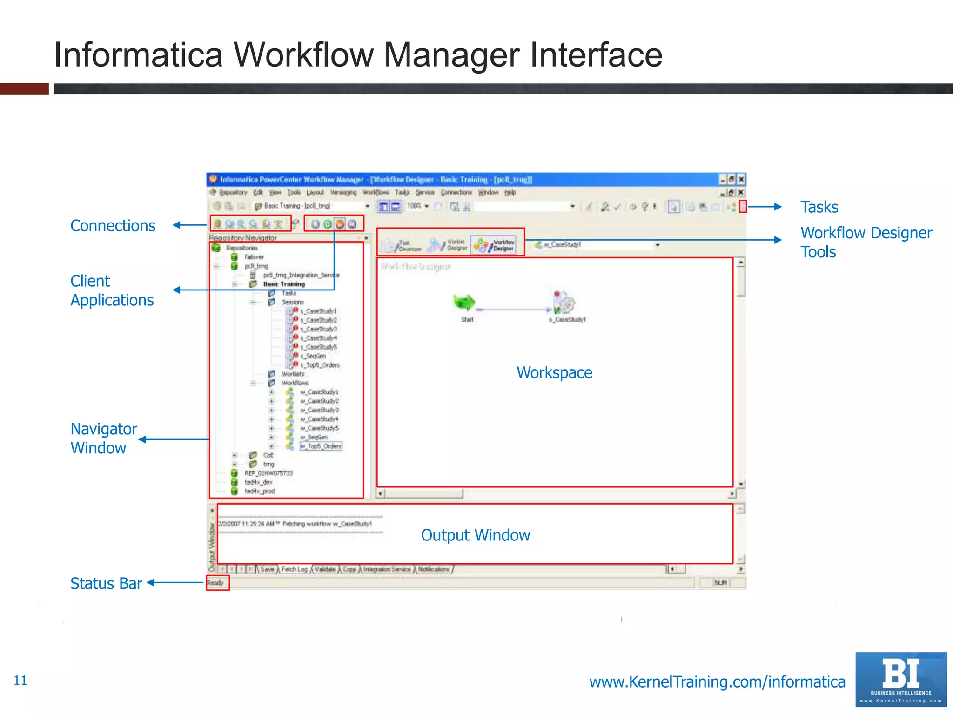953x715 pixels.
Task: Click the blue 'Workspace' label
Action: [554, 373]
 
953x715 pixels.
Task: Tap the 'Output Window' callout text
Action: [475, 535]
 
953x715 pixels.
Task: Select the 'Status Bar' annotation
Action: [106, 583]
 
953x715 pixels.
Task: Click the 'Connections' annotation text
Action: [113, 226]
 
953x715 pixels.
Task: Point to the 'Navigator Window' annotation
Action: [103, 438]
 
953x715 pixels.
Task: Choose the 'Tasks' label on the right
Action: [819, 207]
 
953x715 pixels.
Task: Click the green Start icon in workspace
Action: [464, 303]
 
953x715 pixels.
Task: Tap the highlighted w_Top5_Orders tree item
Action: [321, 446]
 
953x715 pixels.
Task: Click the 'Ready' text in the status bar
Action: [215, 583]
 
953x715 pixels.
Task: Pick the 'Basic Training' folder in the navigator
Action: [284, 284]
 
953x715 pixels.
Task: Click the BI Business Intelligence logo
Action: [901, 679]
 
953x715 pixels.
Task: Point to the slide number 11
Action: [20, 681]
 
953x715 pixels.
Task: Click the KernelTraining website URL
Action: [717, 682]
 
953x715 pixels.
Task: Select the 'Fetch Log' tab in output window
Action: [294, 569]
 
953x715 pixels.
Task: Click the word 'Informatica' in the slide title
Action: [138, 55]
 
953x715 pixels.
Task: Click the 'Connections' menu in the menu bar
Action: [456, 192]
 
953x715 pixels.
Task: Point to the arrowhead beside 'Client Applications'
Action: [176, 290]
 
